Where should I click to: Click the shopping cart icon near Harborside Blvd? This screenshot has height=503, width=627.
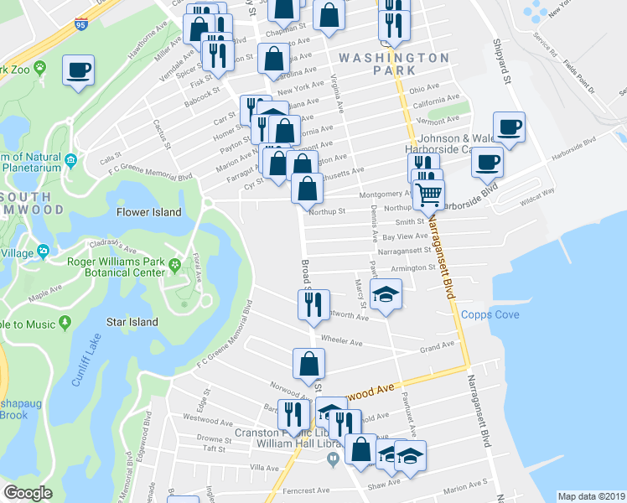(428, 194)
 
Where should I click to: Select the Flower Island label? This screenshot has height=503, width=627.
(149, 212)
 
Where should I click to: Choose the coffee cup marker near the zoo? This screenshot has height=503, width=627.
(78, 70)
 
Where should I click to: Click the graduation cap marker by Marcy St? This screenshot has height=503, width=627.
(386, 295)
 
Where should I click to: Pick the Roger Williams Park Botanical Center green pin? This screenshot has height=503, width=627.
(174, 267)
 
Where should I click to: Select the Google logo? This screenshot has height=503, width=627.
(28, 493)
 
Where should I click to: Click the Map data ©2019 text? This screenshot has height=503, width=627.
(592, 496)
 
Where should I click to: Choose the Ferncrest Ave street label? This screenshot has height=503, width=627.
(304, 490)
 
